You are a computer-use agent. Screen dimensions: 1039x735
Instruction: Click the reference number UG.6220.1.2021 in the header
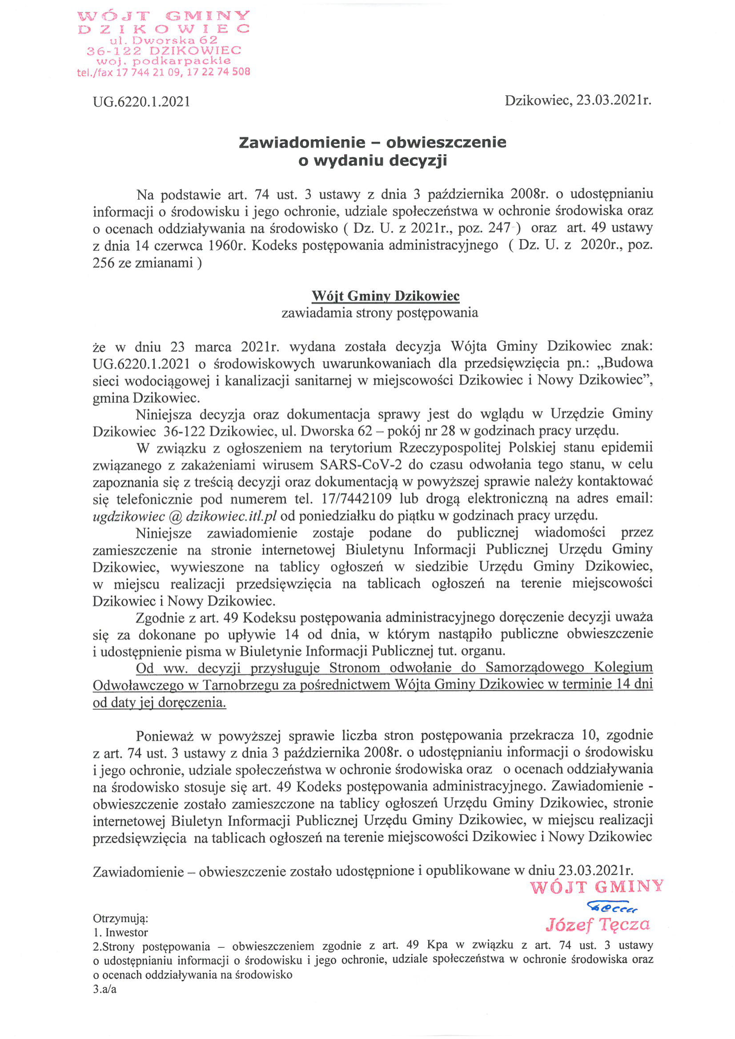[x=141, y=101]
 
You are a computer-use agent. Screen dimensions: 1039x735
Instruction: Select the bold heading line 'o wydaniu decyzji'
[x=373, y=160]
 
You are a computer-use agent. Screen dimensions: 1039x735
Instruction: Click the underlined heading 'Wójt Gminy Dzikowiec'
[x=385, y=296]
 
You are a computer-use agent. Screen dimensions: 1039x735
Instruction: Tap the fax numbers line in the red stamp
[x=163, y=72]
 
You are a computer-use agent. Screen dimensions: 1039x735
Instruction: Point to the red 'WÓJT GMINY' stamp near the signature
[x=597, y=888]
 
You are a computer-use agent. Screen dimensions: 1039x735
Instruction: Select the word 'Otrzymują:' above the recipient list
[x=120, y=919]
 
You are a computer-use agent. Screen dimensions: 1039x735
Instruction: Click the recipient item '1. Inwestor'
[x=120, y=933]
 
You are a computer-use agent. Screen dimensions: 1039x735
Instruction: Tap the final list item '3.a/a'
[x=104, y=989]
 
